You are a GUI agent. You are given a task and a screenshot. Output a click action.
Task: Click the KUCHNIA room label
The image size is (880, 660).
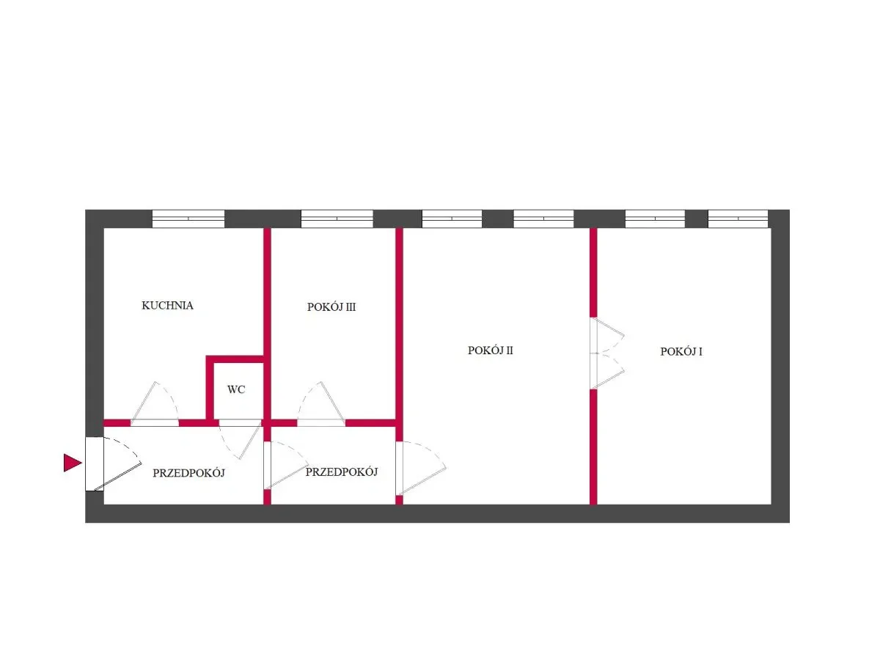coord(167,305)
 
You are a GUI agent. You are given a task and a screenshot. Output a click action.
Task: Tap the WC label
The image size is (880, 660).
coord(236,389)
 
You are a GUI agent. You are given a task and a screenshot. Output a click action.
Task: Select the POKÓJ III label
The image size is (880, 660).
coord(331,307)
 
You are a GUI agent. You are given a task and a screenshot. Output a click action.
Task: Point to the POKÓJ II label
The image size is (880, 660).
coord(490,351)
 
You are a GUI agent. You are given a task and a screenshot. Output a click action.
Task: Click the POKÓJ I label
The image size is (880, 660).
coord(681,351)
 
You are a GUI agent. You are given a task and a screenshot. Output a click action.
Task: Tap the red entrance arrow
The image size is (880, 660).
coord(73,463)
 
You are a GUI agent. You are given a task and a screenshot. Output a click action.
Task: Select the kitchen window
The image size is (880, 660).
coord(188,219)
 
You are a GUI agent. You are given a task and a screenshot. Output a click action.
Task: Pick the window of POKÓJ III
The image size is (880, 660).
coord(337,219)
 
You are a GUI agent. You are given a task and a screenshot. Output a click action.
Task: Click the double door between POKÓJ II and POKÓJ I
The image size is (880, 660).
coord(606,353)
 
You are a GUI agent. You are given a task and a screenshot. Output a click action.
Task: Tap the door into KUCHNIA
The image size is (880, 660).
coord(155,404)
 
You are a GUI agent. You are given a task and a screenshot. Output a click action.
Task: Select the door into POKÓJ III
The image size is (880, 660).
coord(320,404)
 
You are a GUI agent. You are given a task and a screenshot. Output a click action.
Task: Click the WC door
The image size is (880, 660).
coord(240,439)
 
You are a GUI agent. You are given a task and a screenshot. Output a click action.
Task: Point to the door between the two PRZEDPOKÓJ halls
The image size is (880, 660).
coord(285,465)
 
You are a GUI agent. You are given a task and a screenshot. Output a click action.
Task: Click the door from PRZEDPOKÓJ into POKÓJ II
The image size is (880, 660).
coord(420,468)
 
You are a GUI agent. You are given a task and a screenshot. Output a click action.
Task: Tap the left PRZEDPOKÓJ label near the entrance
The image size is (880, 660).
coord(188,473)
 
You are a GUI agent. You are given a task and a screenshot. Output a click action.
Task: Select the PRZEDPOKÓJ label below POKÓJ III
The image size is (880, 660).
coord(342,472)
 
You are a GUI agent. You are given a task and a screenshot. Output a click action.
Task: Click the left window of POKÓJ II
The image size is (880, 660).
coord(452,219)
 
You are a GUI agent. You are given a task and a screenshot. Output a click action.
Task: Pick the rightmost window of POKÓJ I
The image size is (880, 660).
coord(738,219)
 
